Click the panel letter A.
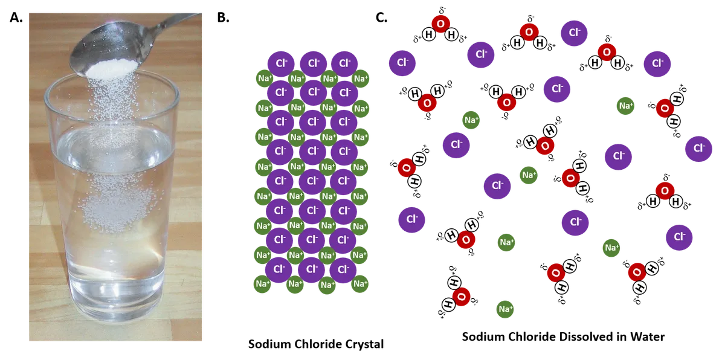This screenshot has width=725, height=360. [16, 18]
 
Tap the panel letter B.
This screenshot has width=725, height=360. [224, 18]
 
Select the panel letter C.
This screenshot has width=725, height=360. [382, 18]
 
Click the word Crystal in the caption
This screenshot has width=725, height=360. [364, 344]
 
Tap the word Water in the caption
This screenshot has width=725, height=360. [647, 336]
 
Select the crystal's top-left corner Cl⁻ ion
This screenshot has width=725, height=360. [281, 63]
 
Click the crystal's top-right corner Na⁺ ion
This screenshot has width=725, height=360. [361, 79]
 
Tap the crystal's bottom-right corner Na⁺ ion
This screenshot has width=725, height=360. [360, 284]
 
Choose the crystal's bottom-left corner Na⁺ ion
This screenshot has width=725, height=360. [262, 284]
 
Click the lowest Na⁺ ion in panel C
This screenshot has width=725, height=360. [505, 309]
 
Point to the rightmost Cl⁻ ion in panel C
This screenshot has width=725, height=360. [698, 149]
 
